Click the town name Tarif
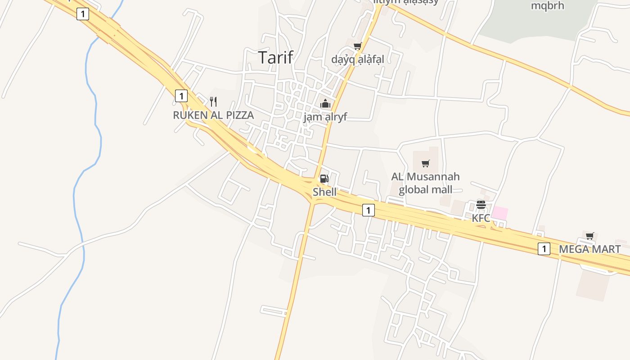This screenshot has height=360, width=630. [275, 57]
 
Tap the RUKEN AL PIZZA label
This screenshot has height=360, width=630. [213, 115]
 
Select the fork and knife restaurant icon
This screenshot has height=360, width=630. [213, 102]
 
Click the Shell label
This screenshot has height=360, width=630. [324, 192]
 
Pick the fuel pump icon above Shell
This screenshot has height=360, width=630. [324, 179]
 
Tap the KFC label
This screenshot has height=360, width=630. [481, 218]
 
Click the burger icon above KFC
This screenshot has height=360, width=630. [481, 205]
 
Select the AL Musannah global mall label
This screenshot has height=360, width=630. [425, 183]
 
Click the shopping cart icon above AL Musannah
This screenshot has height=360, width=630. [425, 163]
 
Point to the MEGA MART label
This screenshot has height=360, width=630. [589, 249]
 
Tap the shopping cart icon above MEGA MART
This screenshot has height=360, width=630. [589, 236]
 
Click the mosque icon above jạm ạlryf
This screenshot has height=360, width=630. [325, 103]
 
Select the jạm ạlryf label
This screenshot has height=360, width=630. [325, 117]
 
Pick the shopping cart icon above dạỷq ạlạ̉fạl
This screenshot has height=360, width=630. [358, 46]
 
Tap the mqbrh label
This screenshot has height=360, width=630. [547, 6]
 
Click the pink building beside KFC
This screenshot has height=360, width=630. [500, 213]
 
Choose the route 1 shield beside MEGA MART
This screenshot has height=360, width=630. [544, 248]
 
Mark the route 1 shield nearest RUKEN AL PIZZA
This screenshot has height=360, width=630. [181, 96]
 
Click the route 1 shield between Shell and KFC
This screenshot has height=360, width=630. [368, 210]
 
